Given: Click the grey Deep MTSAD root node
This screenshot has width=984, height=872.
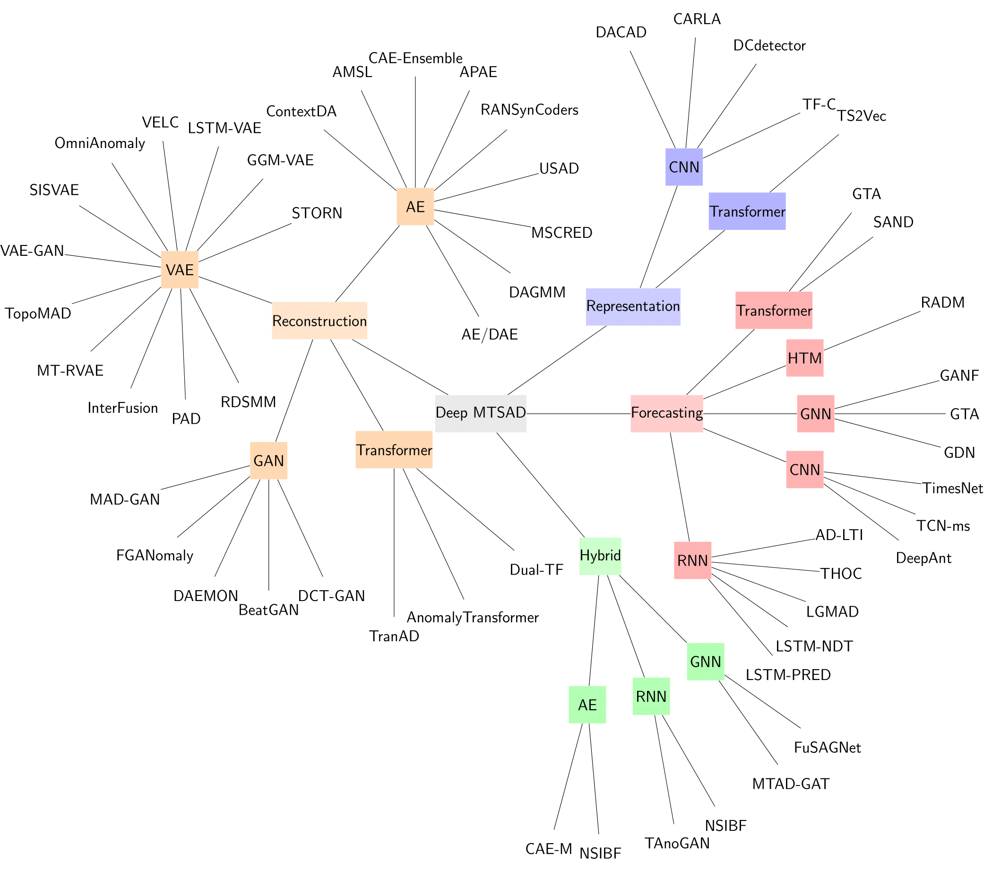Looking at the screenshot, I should (481, 413).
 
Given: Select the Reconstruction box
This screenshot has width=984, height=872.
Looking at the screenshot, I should (319, 321).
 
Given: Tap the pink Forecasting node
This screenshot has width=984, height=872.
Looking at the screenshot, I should (666, 413).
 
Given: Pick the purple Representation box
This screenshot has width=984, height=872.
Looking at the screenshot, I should (632, 306).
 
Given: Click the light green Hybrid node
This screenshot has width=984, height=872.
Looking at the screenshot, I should (600, 556).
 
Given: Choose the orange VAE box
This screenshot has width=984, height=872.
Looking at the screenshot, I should (180, 270).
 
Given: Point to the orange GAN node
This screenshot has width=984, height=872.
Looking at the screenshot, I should (268, 461).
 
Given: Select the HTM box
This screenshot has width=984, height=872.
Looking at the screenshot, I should (804, 358).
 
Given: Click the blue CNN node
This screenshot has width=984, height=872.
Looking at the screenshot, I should (683, 167).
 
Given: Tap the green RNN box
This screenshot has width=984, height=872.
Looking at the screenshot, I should (651, 697).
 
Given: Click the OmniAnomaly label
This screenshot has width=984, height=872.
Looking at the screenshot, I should (100, 144).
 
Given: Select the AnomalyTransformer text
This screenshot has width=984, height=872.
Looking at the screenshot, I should (472, 618).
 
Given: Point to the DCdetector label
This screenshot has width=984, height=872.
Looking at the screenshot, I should (769, 46).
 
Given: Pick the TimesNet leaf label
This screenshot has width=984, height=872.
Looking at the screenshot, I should (952, 488).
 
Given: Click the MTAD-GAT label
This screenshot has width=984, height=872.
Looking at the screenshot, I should (791, 785).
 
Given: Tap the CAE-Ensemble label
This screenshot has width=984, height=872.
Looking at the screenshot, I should (415, 58).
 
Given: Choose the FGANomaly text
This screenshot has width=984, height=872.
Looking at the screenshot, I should (155, 556).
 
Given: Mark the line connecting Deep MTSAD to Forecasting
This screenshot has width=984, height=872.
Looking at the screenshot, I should (578, 414).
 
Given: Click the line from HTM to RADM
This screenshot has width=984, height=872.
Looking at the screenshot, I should (872, 331).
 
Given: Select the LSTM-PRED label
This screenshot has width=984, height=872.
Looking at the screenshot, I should (788, 675).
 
